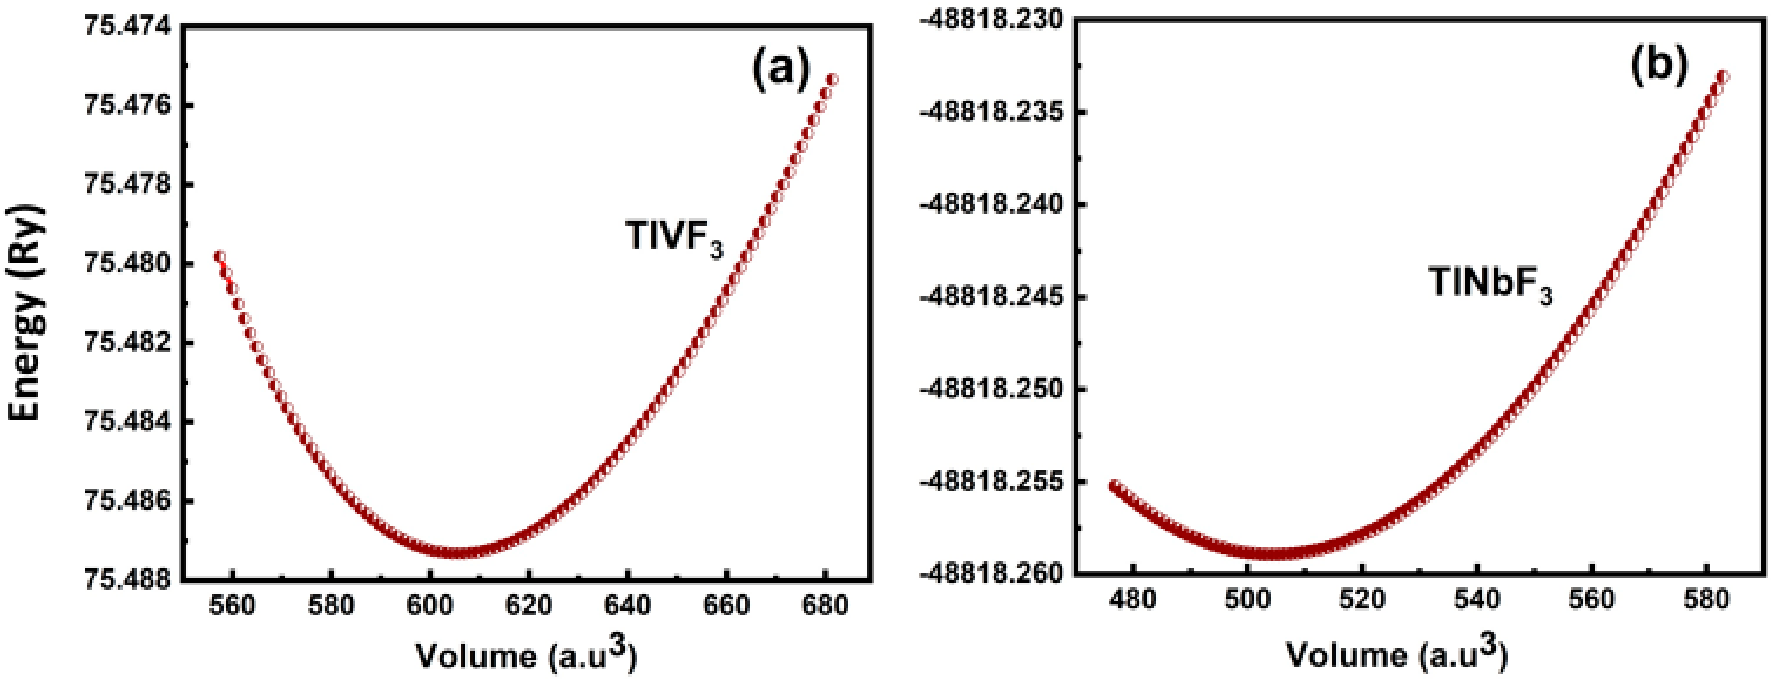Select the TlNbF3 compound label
[1490, 283]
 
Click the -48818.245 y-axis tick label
[992, 297]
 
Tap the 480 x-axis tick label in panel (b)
[1133, 599]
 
